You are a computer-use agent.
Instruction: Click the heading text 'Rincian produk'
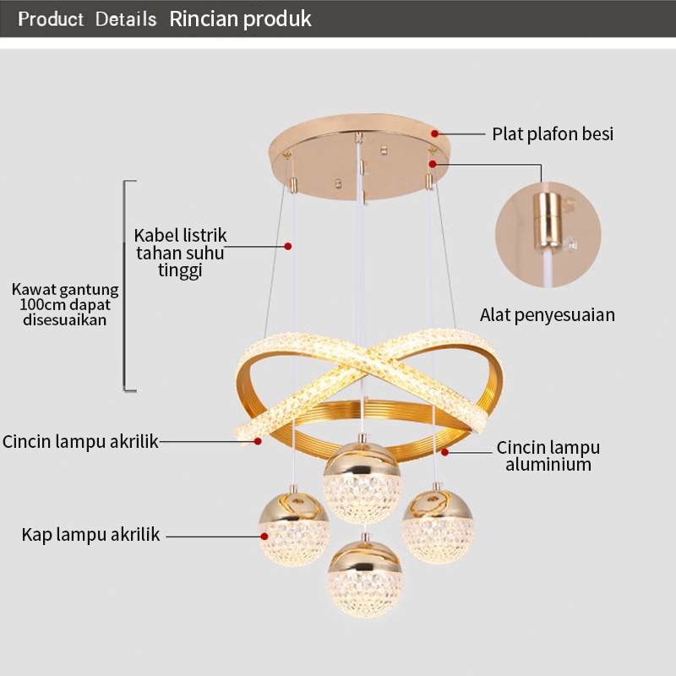(241, 19)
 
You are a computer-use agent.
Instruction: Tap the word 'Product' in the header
(51, 19)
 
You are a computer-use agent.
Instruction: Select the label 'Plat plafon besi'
(553, 134)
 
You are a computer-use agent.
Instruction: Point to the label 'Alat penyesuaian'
(548, 315)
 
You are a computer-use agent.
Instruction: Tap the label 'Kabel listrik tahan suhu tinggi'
(180, 252)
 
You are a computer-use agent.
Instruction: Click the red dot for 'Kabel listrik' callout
(288, 246)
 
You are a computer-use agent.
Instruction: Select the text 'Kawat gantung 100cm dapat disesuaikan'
(65, 304)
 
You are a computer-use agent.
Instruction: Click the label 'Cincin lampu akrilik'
(80, 441)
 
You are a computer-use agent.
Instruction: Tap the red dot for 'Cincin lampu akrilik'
(258, 440)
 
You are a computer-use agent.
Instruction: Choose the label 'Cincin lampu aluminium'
(548, 455)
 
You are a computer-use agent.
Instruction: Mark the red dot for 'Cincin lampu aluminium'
(444, 452)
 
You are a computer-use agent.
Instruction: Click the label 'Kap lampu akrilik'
(90, 534)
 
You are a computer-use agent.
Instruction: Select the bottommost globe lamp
(366, 578)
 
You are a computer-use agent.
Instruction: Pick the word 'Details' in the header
(126, 19)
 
